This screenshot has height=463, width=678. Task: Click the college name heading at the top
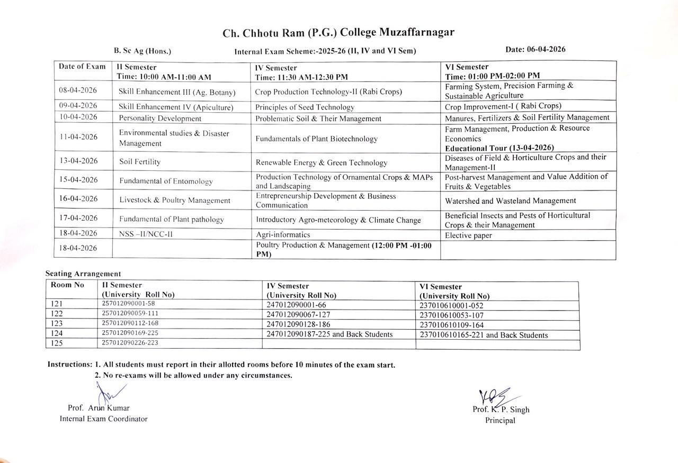tap(338, 33)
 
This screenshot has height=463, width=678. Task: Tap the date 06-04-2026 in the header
tap(535, 49)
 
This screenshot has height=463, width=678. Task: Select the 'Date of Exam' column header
tap(82, 67)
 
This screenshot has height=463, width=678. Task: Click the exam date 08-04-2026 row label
tap(78, 90)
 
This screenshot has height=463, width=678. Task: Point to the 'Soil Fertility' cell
tap(140, 161)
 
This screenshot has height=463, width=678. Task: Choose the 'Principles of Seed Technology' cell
tap(305, 107)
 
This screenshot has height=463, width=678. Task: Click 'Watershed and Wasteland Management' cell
tap(510, 201)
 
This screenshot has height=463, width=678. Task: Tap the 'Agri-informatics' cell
tap(283, 234)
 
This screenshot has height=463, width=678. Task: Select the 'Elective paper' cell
tap(468, 235)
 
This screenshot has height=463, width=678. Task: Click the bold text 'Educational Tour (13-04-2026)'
tap(499, 148)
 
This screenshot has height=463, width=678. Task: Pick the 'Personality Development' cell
tap(160, 118)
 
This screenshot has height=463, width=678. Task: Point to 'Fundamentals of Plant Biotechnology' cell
tap(316, 139)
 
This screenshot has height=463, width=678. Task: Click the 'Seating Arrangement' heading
tap(83, 274)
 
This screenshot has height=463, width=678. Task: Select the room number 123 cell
tap(57, 323)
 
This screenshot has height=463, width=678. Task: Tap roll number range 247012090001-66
tap(296, 305)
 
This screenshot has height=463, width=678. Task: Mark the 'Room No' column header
tap(67, 285)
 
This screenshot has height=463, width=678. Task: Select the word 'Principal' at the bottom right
tap(500, 421)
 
